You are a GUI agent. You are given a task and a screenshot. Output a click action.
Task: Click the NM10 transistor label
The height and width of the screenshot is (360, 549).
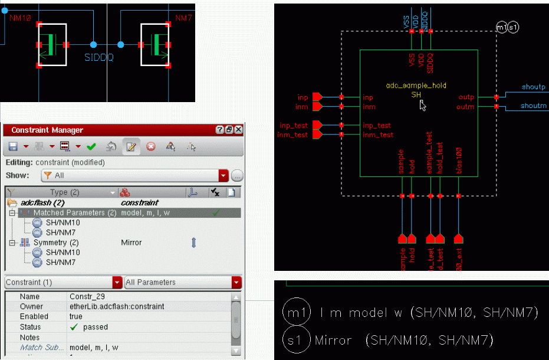pyautogui.click(x=20, y=18)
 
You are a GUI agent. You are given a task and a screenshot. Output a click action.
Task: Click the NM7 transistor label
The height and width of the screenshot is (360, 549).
pyautogui.click(x=183, y=18)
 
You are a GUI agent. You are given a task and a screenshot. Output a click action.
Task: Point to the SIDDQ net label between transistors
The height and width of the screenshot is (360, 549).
pyautogui.click(x=99, y=58)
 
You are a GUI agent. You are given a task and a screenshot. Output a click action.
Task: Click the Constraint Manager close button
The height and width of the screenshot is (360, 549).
pyautogui.click(x=238, y=130)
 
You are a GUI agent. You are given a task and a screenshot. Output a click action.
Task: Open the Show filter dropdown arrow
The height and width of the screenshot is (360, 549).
pyautogui.click(x=223, y=175)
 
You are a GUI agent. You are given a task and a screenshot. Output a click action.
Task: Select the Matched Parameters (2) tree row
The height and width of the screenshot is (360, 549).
pyautogui.click(x=74, y=212)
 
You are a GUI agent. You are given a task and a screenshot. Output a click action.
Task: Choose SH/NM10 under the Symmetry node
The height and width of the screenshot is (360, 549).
pyautogui.click(x=63, y=253)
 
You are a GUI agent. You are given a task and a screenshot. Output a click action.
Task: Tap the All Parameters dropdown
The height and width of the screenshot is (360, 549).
pyautogui.click(x=183, y=282)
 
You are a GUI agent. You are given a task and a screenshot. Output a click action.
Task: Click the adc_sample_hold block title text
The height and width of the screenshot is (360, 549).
pyautogui.click(x=416, y=86)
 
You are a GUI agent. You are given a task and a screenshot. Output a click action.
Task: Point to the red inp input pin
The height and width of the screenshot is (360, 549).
pyautogui.click(x=317, y=97)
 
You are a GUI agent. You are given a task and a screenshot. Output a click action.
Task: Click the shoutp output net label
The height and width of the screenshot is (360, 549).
pyautogui.click(x=534, y=87)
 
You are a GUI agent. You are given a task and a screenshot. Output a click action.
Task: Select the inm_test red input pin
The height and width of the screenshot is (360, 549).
pyautogui.click(x=317, y=135)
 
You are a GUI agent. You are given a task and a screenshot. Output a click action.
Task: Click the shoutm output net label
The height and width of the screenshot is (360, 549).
pyautogui.click(x=534, y=106)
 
